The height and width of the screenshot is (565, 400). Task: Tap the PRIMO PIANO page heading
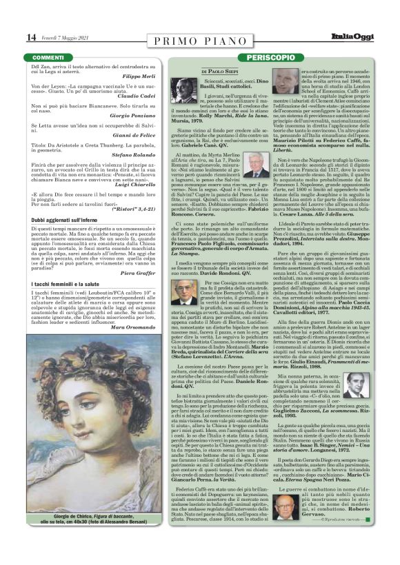coord(200,37)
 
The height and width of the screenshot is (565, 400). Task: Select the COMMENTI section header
coord(48,56)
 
